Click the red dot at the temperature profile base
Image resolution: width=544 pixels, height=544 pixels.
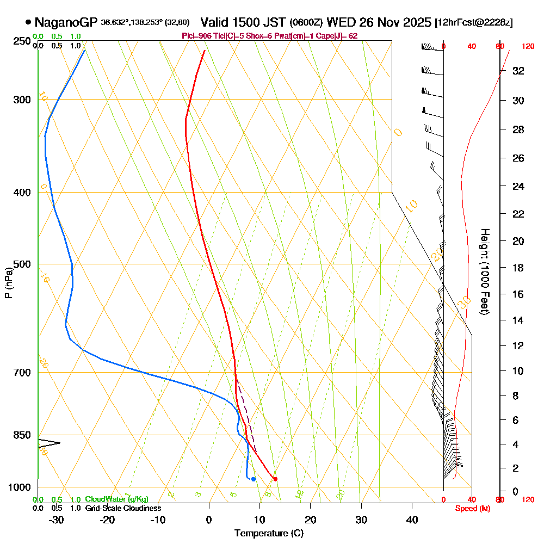[x=275, y=479]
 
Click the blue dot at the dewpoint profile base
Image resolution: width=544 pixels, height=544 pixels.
[x=254, y=479]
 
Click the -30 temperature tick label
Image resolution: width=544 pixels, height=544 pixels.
[x=56, y=520]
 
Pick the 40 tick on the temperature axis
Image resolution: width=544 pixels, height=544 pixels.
[x=412, y=520]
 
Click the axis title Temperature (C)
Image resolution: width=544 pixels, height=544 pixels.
[x=269, y=533]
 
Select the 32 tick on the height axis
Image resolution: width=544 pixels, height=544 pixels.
[x=518, y=71]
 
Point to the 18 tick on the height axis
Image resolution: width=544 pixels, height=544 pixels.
[x=518, y=268]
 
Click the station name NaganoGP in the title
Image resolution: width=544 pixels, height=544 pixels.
[x=66, y=22]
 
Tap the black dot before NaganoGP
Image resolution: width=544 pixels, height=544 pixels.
[x=28, y=22]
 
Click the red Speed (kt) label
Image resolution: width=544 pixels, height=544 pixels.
[x=472, y=508]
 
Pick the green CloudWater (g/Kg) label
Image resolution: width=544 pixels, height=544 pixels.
[x=116, y=499]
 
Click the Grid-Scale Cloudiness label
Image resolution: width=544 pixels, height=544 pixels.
[x=122, y=508]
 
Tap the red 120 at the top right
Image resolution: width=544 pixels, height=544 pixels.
[x=527, y=47]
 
